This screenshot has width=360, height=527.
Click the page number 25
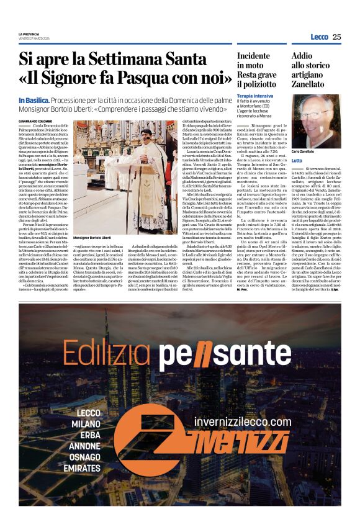(x=336, y=37)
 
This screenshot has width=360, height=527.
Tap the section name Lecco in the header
(x=319, y=37)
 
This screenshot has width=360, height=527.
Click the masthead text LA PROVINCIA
(x=29, y=34)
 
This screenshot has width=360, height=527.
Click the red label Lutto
(x=297, y=160)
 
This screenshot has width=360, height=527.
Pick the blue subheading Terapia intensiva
(x=254, y=96)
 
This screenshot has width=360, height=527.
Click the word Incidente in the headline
(x=253, y=56)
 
